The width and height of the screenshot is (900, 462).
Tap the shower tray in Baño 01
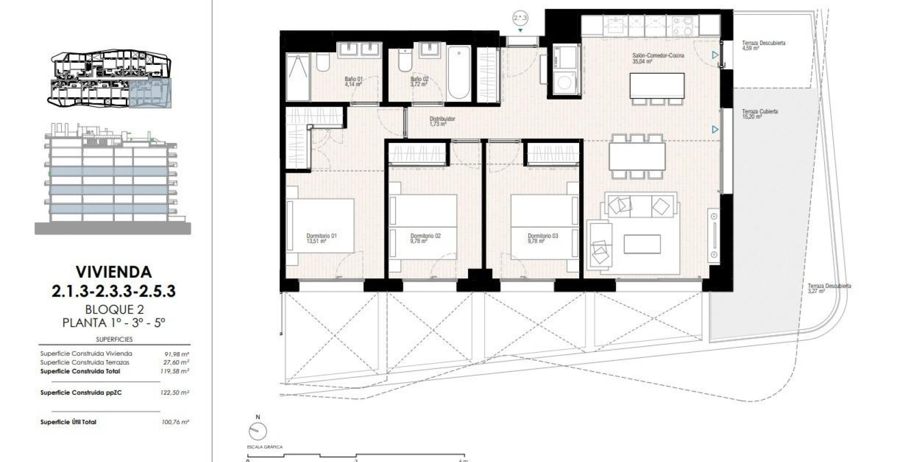[x=298, y=77]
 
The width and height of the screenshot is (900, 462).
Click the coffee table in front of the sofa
[x=642, y=244]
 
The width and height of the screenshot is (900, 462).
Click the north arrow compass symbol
[x=258, y=432]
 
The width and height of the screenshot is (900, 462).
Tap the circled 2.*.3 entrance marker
[x=520, y=18]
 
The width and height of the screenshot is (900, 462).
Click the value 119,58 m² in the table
[x=177, y=371]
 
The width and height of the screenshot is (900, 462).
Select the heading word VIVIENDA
[x=113, y=272]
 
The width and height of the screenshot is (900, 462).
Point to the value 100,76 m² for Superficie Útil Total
[x=177, y=422]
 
